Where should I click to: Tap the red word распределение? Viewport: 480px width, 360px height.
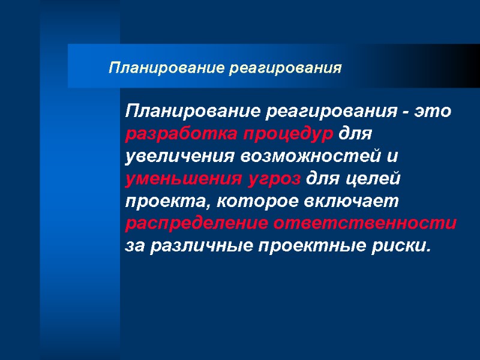[197, 224]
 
